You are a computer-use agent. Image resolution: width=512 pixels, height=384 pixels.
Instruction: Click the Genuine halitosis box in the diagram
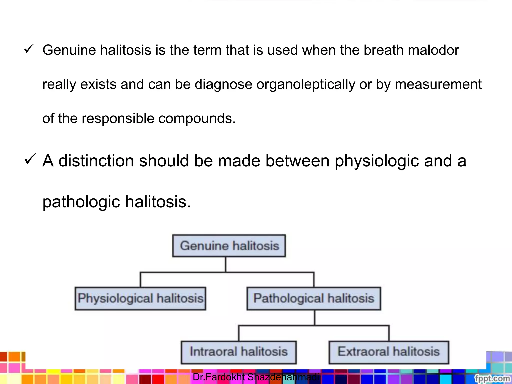(x=229, y=246)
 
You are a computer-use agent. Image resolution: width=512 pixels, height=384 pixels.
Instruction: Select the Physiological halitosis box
(x=140, y=298)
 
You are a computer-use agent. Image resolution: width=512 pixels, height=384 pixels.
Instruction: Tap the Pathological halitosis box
(x=314, y=298)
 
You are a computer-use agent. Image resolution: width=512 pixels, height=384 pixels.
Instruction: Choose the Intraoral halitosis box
(x=239, y=352)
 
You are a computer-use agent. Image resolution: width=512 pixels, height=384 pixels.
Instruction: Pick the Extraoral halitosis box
(x=389, y=352)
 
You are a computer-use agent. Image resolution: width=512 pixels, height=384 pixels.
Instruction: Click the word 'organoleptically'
(x=306, y=84)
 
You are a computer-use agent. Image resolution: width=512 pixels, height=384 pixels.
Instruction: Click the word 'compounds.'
(x=197, y=118)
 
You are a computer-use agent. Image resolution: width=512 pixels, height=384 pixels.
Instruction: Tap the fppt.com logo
(x=492, y=378)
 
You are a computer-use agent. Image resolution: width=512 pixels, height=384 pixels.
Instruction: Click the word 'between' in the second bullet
(x=297, y=161)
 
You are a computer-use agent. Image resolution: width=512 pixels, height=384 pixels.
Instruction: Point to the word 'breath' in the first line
(x=383, y=50)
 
